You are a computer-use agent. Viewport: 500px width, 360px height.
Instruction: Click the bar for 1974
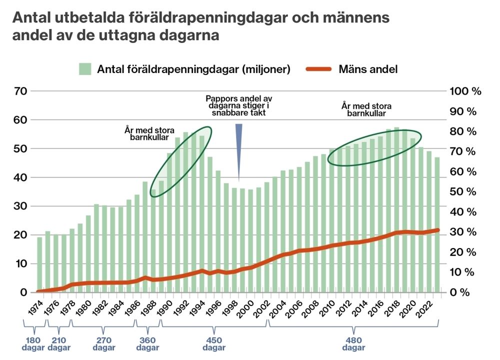coord(39,265)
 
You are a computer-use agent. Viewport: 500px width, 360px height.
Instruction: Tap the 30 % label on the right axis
coord(462,232)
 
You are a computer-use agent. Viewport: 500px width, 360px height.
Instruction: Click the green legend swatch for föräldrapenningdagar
coord(85,69)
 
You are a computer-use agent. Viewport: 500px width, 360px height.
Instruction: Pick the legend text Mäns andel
coord(368,69)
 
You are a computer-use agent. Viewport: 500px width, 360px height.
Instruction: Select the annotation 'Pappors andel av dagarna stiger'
coord(238,105)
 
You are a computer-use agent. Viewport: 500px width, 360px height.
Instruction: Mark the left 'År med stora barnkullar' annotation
coord(149,133)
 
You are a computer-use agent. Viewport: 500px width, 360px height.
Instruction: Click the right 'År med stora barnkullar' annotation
coord(366,109)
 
